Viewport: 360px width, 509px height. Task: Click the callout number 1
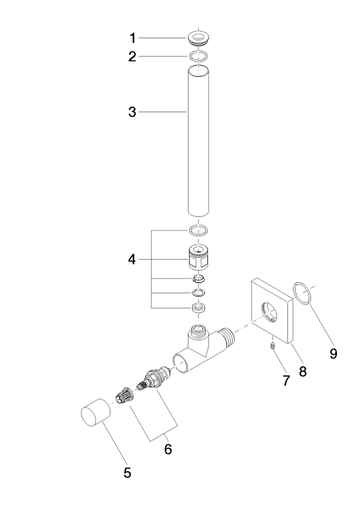tap(132, 38)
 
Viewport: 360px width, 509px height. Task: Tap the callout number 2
tap(132, 57)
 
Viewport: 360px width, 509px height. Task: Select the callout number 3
tap(132, 113)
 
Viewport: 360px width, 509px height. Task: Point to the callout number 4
tap(132, 260)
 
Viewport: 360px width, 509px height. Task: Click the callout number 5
tap(127, 472)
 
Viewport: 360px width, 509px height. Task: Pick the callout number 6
tap(168, 449)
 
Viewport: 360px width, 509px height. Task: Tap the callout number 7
tap(286, 381)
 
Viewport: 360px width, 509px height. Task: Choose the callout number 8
tap(302, 372)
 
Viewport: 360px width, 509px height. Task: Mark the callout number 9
tap(333, 353)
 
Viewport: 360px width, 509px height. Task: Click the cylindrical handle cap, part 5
tap(96, 412)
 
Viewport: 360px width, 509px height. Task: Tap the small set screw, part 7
tap(273, 347)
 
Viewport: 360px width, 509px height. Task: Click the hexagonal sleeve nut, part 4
tap(198, 257)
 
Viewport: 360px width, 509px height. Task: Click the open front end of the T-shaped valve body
tap(181, 363)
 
